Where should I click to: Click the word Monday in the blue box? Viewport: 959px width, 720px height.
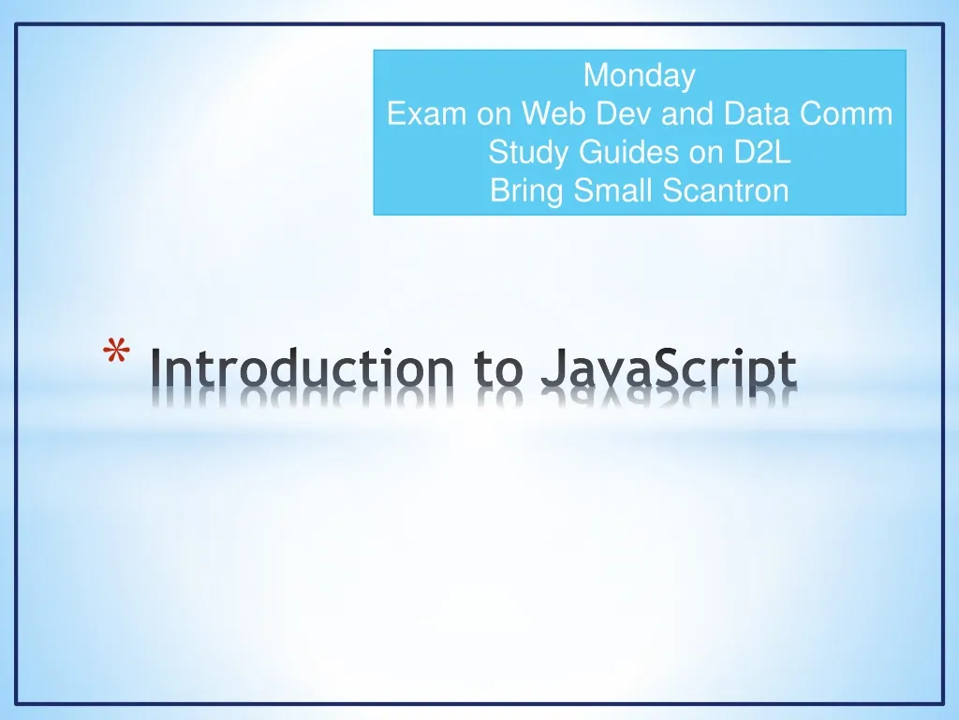click(640, 75)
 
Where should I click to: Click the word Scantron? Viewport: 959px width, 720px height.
click(726, 191)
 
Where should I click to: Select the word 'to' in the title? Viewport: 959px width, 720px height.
click(502, 369)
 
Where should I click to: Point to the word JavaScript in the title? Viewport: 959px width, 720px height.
click(669, 371)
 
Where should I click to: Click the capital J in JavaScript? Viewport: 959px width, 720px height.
click(552, 369)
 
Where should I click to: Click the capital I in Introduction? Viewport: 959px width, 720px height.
click(156, 369)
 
